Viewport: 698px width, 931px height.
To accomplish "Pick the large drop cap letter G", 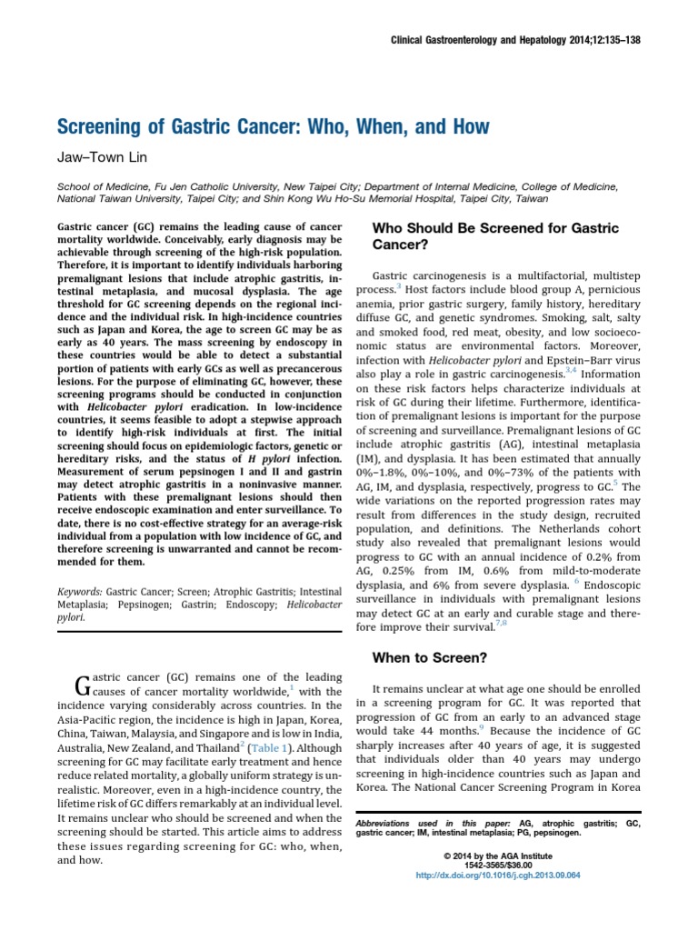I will tap(80, 684).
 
